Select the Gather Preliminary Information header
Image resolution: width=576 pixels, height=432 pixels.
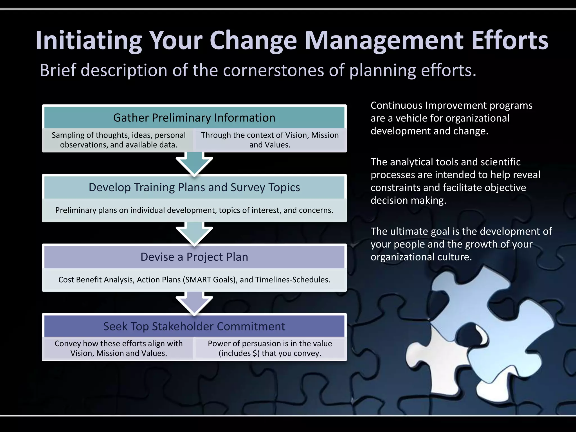point(194,118)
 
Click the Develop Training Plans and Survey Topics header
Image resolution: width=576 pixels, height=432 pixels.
point(194,187)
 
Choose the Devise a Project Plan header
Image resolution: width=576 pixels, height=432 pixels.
point(194,257)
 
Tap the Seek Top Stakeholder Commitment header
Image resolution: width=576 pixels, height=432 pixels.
point(194,326)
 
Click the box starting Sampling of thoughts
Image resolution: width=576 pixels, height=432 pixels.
point(118,140)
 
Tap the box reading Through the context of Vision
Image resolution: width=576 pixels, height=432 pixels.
point(270,140)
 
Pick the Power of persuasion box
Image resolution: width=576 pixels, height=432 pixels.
point(270,348)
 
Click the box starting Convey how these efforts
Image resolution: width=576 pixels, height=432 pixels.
point(118,348)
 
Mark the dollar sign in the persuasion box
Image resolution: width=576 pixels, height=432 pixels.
point(255,353)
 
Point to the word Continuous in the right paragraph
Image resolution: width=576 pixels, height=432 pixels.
point(397,105)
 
